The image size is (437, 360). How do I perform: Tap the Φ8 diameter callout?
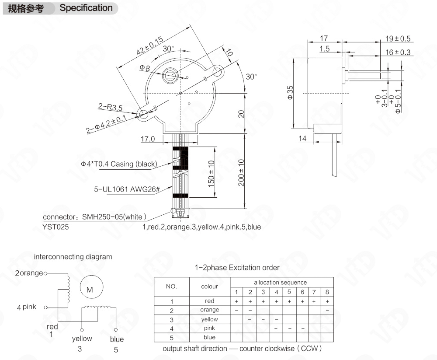coord(145,68)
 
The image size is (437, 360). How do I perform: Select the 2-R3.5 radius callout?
coord(110,106)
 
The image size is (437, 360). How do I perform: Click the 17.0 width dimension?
coord(148,140)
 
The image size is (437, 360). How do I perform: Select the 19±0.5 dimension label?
coord(398,38)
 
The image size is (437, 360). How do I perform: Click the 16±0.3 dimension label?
coord(398,52)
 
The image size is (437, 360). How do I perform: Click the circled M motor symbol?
coord(90,289)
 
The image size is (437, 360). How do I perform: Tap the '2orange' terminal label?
coord(29,273)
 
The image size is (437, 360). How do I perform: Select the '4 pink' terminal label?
coord(27,307)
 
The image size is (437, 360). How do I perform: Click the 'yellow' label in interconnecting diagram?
coord(82,338)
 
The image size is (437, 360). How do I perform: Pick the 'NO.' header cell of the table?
coord(171,287)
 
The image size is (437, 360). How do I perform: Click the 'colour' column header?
coord(209,287)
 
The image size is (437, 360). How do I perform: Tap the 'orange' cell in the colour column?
coord(209,310)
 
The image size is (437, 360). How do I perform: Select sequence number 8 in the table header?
coord(327,292)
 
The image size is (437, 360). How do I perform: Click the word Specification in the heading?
coord(86,8)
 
